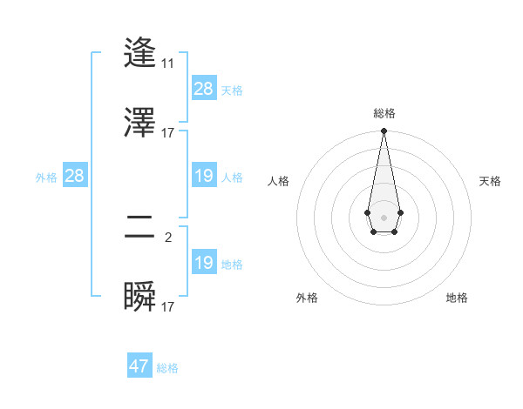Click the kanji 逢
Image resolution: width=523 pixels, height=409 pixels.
point(140,53)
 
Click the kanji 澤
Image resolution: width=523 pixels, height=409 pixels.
point(140,123)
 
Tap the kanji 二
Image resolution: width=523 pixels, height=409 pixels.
point(140,229)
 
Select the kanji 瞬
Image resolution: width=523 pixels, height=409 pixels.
point(140,297)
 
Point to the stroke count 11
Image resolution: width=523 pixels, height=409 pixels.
point(167,64)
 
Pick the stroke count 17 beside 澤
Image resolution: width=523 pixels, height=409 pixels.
point(167,133)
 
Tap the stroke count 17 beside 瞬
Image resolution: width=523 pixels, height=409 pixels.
point(167,306)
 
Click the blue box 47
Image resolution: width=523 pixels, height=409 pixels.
point(139,366)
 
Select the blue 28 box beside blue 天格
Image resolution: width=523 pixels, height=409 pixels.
point(204,89)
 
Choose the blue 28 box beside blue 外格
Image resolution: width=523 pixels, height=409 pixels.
point(74,176)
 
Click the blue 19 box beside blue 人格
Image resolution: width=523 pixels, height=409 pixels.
point(204,176)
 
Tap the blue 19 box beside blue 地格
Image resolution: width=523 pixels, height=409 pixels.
point(204,263)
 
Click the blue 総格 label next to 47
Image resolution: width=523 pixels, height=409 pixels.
point(167,368)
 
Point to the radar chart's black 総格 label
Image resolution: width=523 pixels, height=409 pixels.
point(384,113)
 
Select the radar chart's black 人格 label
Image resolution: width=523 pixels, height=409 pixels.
point(279,181)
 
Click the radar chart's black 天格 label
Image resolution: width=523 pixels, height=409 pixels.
point(490,181)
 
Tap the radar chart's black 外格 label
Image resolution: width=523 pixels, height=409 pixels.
point(307,298)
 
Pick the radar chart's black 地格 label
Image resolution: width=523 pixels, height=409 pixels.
point(457,298)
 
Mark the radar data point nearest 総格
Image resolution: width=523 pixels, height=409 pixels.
point(384,131)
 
